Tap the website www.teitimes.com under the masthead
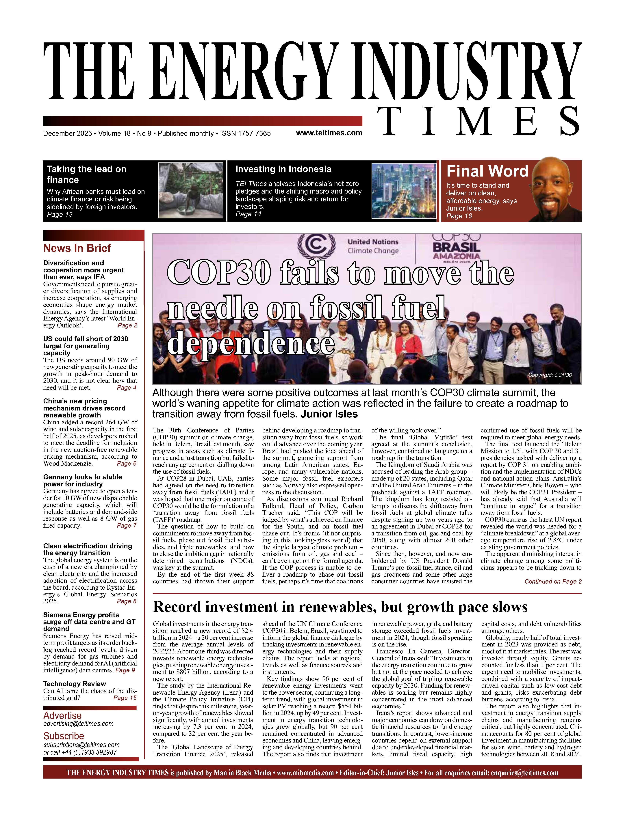coord(329,133)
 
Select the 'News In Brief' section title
coord(77,248)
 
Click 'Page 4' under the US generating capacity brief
coord(127,388)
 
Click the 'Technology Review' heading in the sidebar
coord(74,684)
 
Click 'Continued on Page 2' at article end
coord(553,582)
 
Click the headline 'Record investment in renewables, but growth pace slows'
coord(340,607)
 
